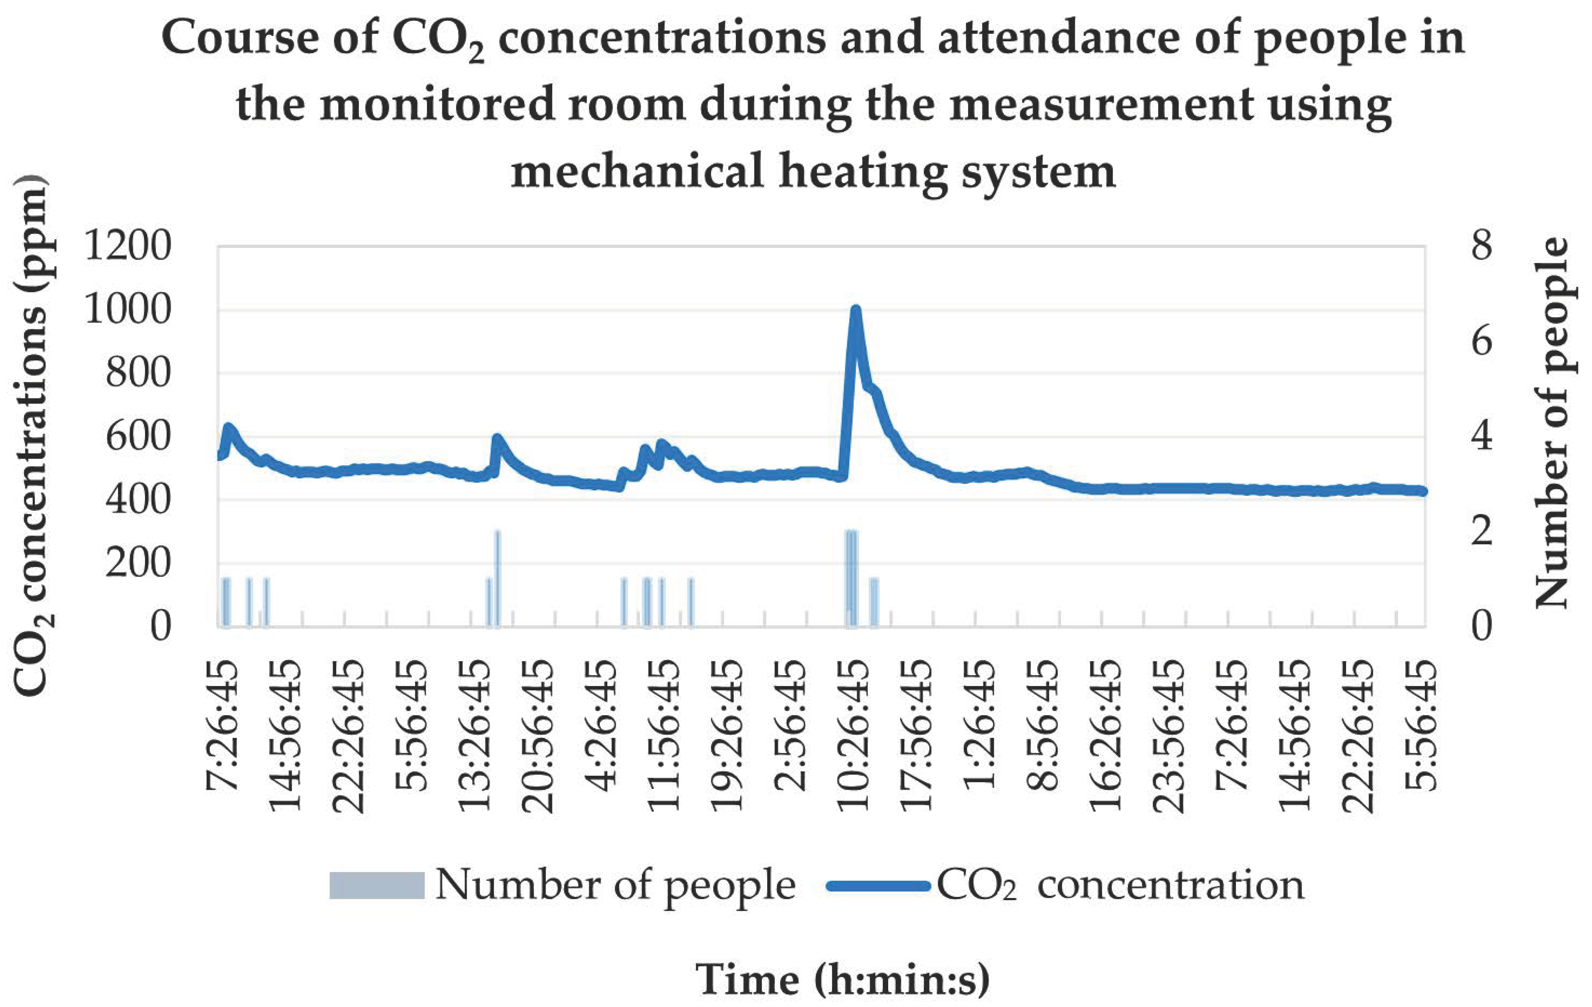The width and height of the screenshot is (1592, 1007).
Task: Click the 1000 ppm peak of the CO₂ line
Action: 856,311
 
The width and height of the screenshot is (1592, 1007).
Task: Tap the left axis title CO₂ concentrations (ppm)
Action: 32,436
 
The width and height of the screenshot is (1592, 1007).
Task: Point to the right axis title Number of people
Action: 1552,423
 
